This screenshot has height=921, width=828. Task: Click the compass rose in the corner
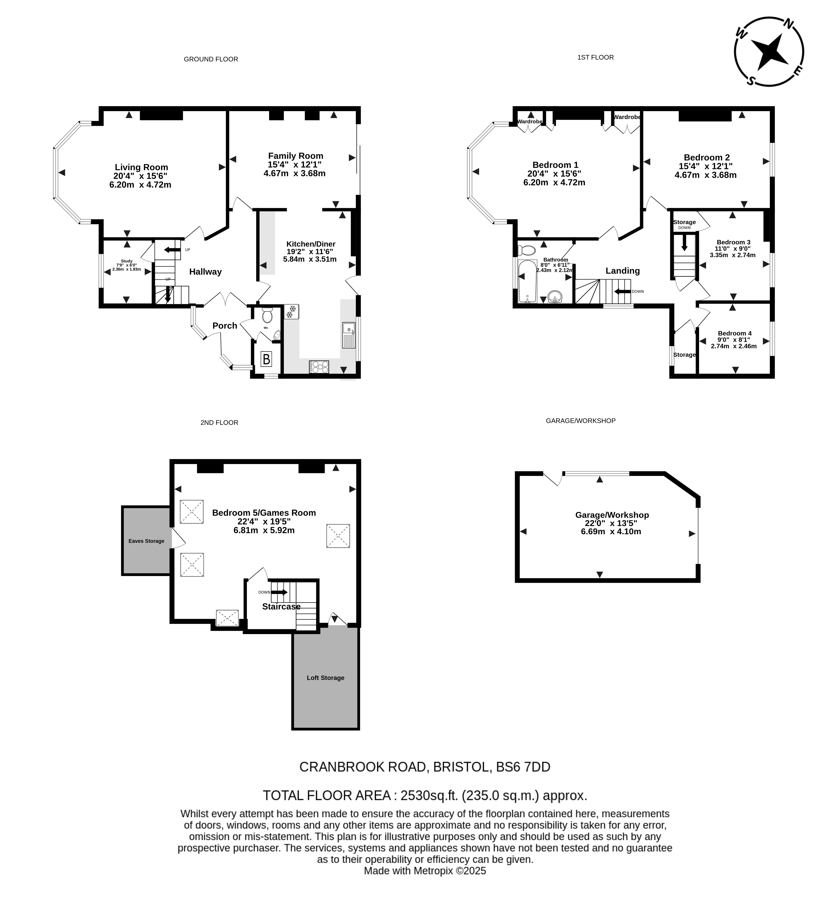[769, 52]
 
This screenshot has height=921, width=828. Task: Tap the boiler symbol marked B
[266, 359]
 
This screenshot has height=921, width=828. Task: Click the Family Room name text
[296, 156]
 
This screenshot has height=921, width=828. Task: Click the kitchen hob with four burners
[319, 367]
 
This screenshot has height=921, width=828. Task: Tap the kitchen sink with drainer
[349, 335]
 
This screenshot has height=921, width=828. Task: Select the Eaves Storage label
[146, 541]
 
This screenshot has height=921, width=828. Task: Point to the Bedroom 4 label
[735, 333]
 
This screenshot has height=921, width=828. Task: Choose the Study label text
[127, 261]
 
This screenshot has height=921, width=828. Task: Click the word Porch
[225, 326]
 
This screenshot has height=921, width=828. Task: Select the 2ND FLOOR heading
[219, 423]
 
